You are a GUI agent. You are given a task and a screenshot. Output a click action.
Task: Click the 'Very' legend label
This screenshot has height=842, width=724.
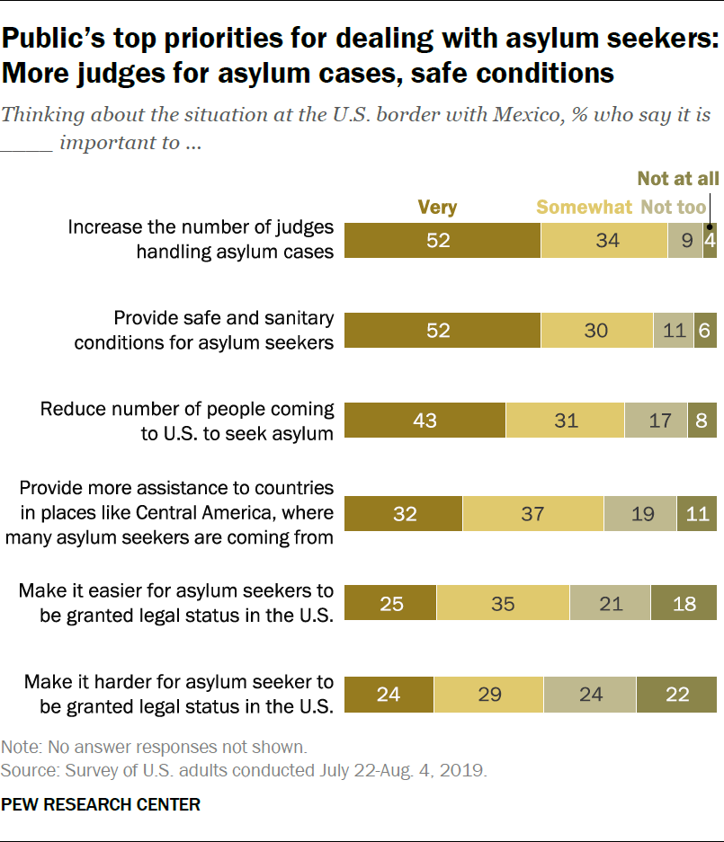coord(437,208)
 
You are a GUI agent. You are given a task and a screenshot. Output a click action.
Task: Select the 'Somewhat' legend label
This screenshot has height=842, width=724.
coord(585,208)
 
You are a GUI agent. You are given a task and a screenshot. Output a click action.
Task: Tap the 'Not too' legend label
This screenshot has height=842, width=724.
coord(674,208)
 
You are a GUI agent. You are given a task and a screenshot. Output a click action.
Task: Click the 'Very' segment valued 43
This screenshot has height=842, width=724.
coord(425,420)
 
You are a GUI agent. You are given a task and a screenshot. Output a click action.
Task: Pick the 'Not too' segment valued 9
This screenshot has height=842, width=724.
coord(684,240)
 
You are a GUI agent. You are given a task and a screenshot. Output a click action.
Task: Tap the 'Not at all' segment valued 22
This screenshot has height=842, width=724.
coord(676,695)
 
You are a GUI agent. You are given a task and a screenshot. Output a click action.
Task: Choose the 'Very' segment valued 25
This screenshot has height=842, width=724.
coord(391,603)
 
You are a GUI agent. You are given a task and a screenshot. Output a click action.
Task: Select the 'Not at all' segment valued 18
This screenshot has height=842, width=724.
coord(684,603)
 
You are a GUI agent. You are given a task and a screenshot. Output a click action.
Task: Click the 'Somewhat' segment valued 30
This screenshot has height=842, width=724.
coord(596,331)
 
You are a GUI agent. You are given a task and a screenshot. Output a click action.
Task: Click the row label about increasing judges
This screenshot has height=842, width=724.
coord(201,240)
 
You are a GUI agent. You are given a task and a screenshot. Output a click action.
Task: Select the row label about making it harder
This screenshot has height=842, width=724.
coord(179,694)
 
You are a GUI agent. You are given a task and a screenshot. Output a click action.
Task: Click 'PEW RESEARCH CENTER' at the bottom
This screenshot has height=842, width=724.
coord(101,804)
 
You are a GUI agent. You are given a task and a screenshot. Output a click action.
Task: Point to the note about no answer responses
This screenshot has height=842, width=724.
coord(154,747)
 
